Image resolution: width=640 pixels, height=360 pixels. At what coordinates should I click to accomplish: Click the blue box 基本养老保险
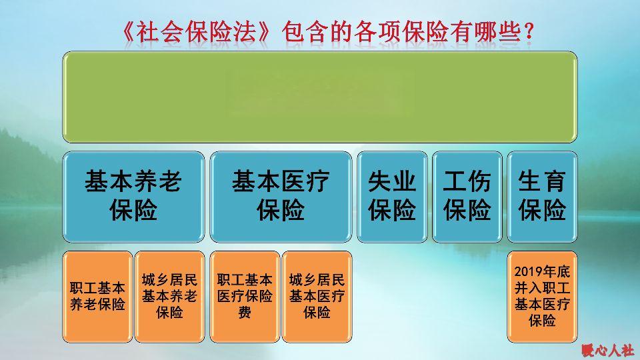click(133, 197)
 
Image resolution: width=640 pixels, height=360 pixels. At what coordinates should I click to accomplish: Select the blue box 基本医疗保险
click(281, 197)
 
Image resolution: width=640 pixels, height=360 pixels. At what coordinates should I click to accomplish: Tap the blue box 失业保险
click(392, 197)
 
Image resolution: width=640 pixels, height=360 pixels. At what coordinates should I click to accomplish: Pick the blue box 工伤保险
click(467, 197)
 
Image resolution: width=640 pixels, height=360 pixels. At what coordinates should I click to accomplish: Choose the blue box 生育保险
click(542, 197)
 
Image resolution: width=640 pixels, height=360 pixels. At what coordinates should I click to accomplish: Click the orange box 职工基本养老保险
click(97, 297)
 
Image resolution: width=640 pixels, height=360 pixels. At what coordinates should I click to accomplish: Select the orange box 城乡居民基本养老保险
click(169, 297)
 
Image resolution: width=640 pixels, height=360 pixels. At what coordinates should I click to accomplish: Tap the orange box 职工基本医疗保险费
click(245, 297)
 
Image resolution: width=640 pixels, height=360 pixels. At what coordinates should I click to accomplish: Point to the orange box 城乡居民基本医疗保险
click(317, 297)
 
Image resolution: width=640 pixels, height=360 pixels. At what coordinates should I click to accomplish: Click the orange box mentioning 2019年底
click(542, 297)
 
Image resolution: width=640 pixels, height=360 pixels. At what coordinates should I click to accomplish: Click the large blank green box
click(320, 97)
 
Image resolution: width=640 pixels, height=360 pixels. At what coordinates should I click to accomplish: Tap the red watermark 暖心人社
click(608, 350)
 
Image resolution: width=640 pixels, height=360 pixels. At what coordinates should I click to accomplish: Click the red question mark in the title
click(529, 32)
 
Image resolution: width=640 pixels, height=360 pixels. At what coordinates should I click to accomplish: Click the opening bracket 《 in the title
click(128, 32)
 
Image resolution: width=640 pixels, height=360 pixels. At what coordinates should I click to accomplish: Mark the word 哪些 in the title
click(499, 32)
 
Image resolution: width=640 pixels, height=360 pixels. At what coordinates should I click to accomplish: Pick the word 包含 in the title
click(305, 32)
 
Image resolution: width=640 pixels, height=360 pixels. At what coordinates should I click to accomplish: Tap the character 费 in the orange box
click(245, 313)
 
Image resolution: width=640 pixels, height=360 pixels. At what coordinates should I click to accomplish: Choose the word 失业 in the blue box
click(392, 182)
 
